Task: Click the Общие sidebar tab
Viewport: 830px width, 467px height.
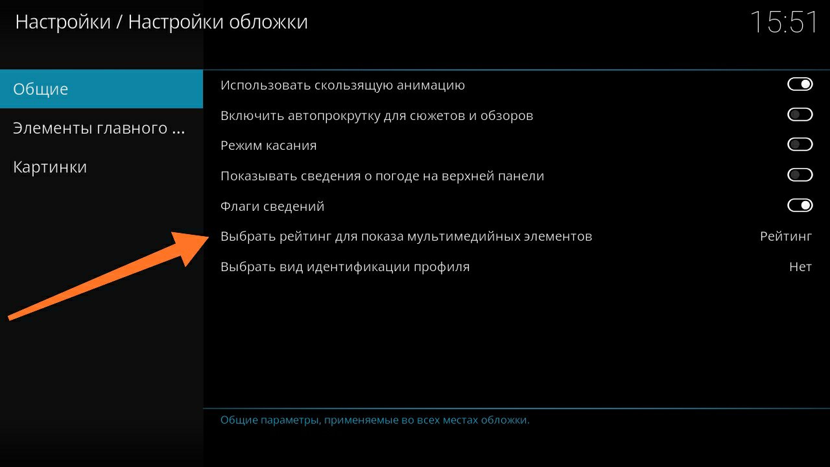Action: tap(101, 89)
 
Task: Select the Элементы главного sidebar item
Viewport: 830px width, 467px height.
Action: tap(99, 128)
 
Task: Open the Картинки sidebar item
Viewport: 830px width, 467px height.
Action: tap(50, 167)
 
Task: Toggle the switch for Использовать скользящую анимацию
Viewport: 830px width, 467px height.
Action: tap(800, 84)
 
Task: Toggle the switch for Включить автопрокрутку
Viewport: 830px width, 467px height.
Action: tap(800, 115)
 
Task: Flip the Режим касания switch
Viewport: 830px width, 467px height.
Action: tap(800, 145)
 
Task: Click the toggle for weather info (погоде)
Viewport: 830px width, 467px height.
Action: tap(800, 175)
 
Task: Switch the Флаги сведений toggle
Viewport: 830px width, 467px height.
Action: tap(800, 206)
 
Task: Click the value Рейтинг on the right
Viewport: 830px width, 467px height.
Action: tap(786, 237)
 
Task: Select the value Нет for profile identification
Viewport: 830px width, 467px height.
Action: tap(800, 267)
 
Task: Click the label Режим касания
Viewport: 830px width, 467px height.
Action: tap(268, 145)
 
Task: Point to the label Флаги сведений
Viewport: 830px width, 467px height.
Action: tap(272, 206)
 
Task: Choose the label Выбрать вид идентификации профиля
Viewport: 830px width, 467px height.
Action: tap(345, 267)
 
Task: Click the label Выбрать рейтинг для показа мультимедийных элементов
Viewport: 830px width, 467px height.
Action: tap(406, 237)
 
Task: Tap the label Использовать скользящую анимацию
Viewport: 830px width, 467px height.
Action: tap(343, 85)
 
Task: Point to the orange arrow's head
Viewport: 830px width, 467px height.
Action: tap(209, 238)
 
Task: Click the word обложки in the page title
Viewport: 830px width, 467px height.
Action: tap(268, 22)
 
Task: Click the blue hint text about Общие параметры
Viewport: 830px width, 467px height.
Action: tap(375, 420)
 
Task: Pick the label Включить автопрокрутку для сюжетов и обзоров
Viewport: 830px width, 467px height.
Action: tap(377, 115)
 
